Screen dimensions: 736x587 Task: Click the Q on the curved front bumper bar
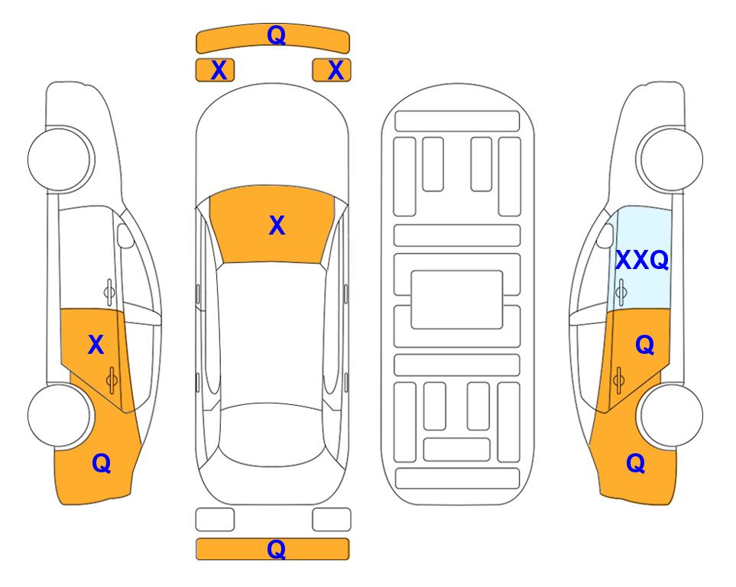click(x=276, y=34)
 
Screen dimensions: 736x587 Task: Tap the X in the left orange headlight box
click(x=219, y=70)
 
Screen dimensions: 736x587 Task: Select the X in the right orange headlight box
click(x=336, y=70)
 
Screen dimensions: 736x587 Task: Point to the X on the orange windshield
click(x=277, y=225)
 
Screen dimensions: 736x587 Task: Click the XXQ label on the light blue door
click(x=642, y=260)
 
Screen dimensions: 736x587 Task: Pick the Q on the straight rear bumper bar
click(x=276, y=549)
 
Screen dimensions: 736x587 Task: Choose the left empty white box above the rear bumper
click(x=215, y=520)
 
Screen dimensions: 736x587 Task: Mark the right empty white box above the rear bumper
click(x=332, y=520)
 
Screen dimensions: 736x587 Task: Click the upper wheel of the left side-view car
click(x=60, y=160)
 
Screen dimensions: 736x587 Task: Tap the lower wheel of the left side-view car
click(x=60, y=416)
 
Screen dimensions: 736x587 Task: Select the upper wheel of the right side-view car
click(x=671, y=160)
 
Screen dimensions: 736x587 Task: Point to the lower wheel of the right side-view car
click(x=671, y=416)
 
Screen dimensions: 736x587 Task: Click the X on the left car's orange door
click(x=96, y=345)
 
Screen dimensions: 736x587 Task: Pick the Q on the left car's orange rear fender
click(x=102, y=463)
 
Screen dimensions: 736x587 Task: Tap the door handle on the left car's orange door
click(x=112, y=379)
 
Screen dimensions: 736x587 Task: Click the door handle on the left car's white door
click(x=109, y=292)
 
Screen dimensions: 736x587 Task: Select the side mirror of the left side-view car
click(x=125, y=235)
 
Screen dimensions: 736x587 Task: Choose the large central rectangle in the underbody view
click(x=457, y=300)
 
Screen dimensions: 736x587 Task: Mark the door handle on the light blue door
click(x=621, y=292)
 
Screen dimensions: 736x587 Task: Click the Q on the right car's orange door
click(x=644, y=345)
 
